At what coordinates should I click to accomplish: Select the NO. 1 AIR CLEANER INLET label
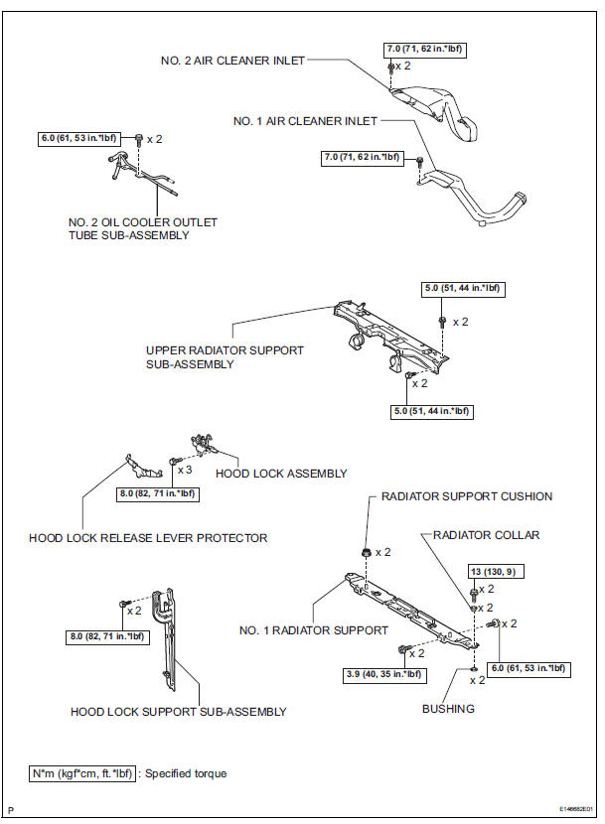[305, 121]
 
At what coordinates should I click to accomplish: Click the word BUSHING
[447, 709]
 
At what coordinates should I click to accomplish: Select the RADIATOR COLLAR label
[486, 535]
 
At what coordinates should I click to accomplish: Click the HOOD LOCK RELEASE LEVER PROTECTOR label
[148, 538]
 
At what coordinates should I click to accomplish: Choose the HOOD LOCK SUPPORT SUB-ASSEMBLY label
[179, 712]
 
